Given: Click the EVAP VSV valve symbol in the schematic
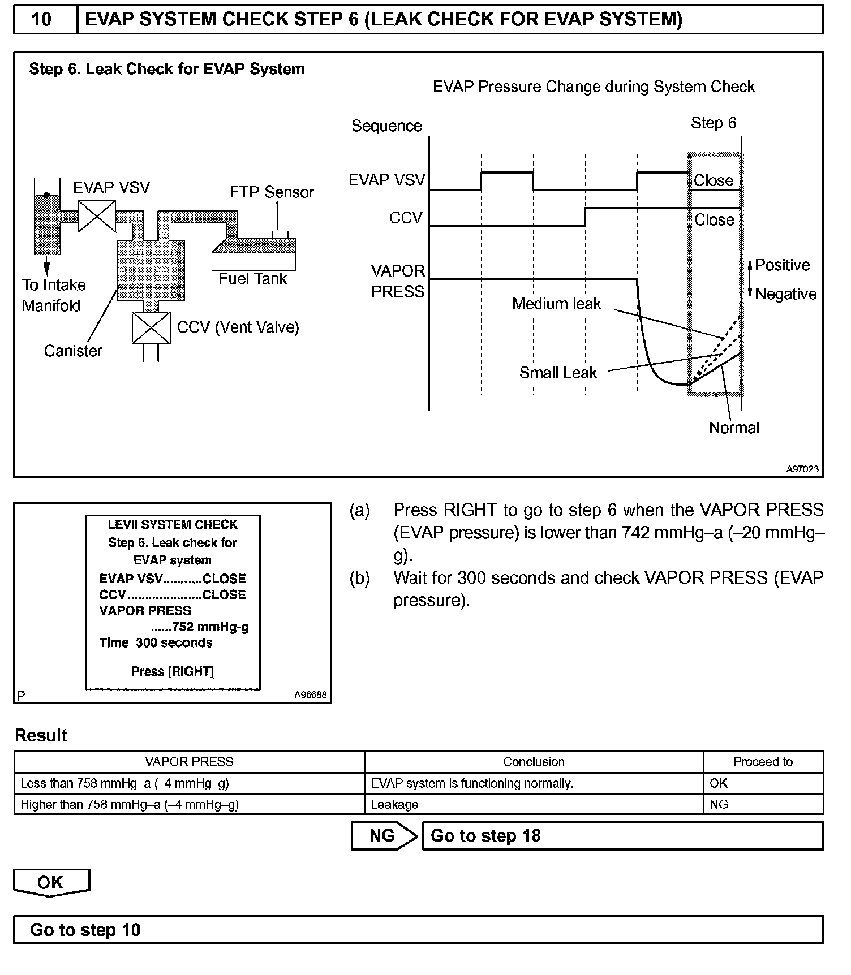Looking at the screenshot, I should click(97, 215).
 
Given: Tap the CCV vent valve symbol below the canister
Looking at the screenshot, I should click(151, 328).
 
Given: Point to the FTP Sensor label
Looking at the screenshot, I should click(271, 192).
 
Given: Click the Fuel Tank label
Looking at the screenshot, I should click(252, 279).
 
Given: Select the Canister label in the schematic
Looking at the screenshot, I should click(73, 351).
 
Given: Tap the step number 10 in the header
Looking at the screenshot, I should click(42, 19).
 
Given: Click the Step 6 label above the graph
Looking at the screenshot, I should click(714, 123).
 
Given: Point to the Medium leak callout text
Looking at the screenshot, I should click(556, 304).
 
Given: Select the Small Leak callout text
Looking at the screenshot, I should click(558, 373).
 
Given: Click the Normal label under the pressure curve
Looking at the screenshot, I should click(734, 428).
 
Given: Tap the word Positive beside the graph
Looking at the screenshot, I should click(782, 265).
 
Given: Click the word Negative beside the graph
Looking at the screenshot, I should click(785, 294).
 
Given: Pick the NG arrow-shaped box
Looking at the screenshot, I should click(383, 836).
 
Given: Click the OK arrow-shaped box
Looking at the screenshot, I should click(51, 883).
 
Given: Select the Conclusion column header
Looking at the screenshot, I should click(534, 762).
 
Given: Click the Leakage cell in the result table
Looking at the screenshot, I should click(395, 804).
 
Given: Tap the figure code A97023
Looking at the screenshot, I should click(802, 469).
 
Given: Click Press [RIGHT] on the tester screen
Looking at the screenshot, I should click(173, 671).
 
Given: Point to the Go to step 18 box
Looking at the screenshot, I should click(622, 836).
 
